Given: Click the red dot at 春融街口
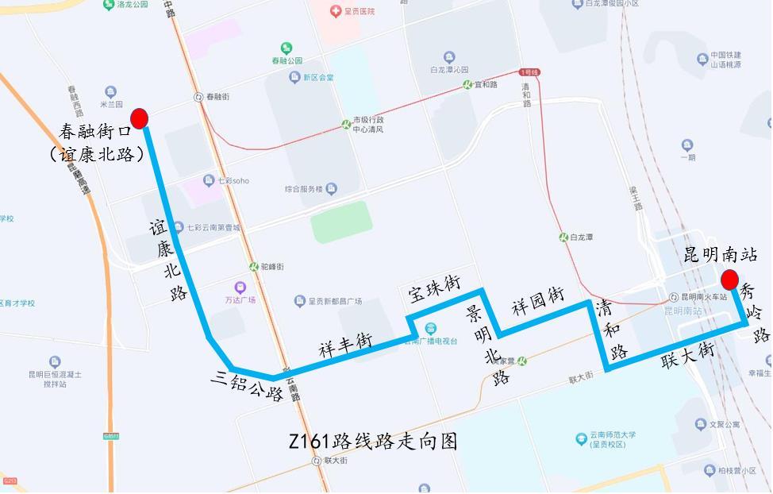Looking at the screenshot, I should tap(140, 118).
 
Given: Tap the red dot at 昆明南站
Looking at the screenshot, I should tap(729, 280).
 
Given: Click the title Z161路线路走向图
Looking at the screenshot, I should tap(375, 442).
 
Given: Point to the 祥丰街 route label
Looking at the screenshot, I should tap(345, 344).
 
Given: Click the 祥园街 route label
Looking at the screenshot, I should tap(537, 302).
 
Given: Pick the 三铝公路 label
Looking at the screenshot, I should tap(247, 385).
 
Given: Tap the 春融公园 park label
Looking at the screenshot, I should tap(287, 60).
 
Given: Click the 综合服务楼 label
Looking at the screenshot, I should tap(303, 189).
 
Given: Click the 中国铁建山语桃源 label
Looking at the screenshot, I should tap(725, 60).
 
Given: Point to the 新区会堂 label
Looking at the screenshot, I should tap(318, 78).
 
